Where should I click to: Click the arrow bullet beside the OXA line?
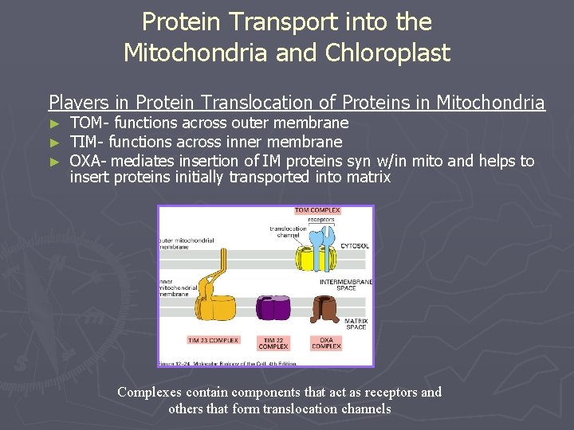[54, 162]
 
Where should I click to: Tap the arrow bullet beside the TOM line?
[54, 123]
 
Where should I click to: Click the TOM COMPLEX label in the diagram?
[317, 211]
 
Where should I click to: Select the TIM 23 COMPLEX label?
[213, 340]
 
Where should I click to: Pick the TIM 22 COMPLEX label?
[273, 343]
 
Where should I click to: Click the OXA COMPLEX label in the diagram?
[326, 343]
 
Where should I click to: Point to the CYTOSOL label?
[355, 246]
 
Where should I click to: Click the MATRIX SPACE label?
[356, 324]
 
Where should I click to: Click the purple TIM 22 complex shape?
[273, 308]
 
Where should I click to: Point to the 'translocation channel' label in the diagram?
[288, 233]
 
